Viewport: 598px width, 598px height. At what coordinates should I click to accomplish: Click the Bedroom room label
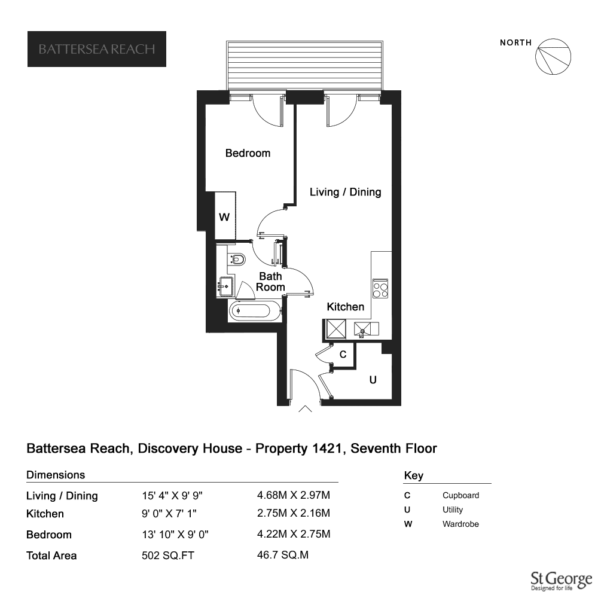248,153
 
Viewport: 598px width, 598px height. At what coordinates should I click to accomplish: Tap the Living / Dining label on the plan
345,192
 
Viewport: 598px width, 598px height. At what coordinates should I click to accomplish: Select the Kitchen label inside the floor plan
345,307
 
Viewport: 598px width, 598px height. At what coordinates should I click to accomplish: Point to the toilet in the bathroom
236,260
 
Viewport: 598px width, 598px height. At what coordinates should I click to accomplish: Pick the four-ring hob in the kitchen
380,289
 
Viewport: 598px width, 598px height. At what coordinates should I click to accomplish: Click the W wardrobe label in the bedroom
224,217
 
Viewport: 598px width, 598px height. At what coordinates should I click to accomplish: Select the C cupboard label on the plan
343,355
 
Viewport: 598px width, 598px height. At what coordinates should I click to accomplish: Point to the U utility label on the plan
373,380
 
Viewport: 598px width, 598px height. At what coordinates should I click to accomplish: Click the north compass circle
553,56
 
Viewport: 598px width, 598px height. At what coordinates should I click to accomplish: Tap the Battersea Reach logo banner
97,49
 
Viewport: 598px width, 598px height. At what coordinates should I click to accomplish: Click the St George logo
562,581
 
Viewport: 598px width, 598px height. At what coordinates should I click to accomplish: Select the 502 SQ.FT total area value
168,556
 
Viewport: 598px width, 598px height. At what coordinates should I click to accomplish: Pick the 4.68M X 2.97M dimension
294,495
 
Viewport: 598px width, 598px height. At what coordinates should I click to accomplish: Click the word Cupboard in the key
460,495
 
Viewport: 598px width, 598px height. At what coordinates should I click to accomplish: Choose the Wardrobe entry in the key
460,524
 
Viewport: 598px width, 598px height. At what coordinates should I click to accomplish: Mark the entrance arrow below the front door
305,409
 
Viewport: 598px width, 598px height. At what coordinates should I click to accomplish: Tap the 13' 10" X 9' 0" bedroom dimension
175,534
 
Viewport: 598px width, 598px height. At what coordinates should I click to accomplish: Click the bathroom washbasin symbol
225,286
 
